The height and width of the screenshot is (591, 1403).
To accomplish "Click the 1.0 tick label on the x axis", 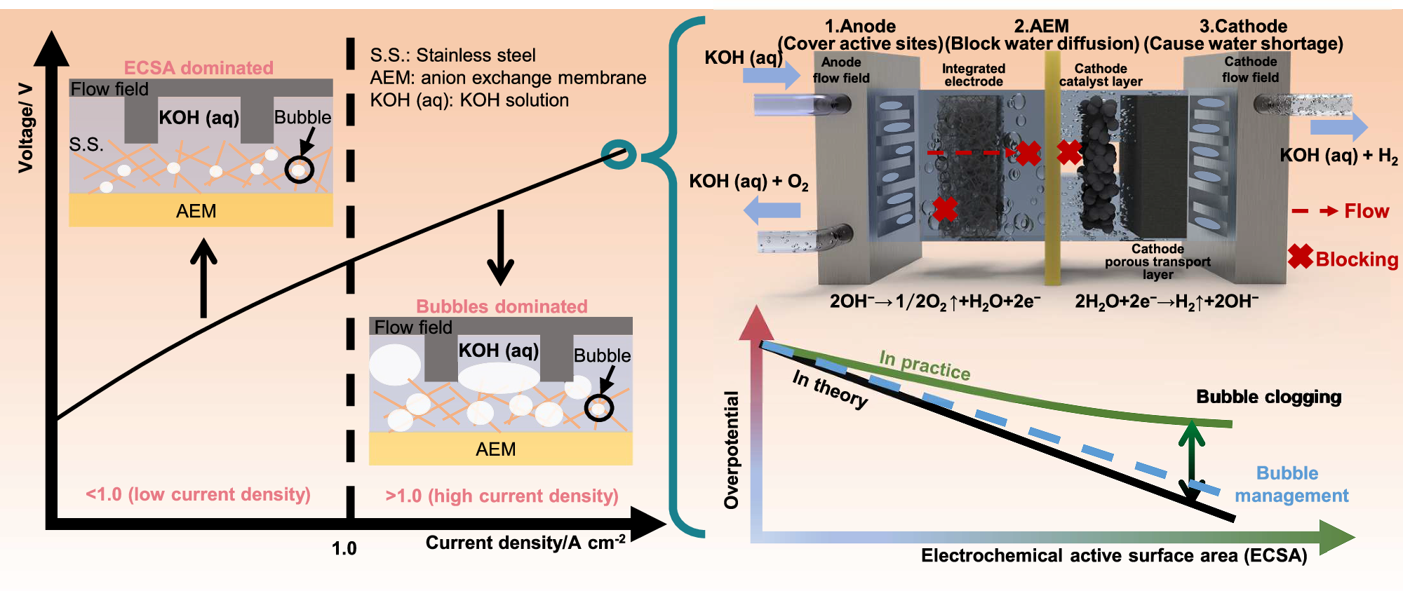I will pos(344,548).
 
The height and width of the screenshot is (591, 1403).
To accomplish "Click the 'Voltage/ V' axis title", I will pos(25,128).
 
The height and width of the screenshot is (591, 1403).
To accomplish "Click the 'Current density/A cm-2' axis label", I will pos(525,543).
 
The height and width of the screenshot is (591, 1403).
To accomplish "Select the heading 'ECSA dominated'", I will pos(199,68).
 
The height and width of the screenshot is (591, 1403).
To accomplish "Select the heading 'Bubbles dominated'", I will pos(502,306).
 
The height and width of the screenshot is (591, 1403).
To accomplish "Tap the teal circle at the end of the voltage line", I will pos(619,154).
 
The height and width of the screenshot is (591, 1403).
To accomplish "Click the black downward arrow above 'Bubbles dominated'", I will pos(500,247).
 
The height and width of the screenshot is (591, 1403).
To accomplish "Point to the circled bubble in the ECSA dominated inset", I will pos(300,170).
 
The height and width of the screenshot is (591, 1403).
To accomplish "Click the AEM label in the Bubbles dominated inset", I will pos(495,449).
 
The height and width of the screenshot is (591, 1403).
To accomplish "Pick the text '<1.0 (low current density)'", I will pos(198,494).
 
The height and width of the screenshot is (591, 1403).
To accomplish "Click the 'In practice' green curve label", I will pos(925,365).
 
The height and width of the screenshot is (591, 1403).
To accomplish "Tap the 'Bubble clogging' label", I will pos(1268,397).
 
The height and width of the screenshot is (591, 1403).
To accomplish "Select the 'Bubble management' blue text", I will pos(1291,484).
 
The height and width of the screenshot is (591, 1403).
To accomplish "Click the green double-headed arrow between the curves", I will pos(1191,461).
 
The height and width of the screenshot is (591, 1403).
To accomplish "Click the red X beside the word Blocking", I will pos(1300,257).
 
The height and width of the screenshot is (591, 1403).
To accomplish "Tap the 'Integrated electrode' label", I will pos(973,75).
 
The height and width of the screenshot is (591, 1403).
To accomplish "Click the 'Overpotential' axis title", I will pos(732,449).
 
